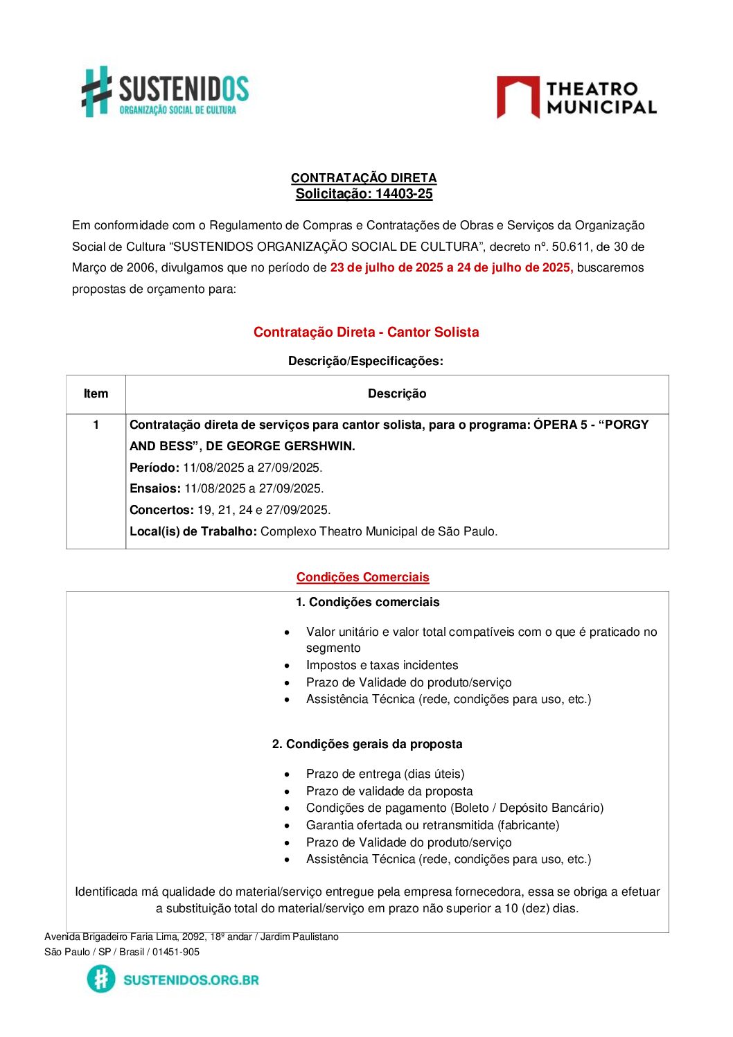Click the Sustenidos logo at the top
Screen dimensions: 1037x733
pyautogui.click(x=165, y=91)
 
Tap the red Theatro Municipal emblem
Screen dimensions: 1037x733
pyautogui.click(x=518, y=97)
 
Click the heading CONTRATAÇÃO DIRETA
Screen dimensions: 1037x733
pyautogui.click(x=364, y=178)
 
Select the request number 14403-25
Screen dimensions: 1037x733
pyautogui.click(x=404, y=194)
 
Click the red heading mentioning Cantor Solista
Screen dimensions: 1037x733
pyautogui.click(x=366, y=333)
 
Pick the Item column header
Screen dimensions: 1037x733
pyautogui.click(x=96, y=393)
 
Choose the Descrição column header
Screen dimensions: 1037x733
pyautogui.click(x=397, y=393)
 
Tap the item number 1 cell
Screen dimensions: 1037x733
pyautogui.click(x=96, y=425)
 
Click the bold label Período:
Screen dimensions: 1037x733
pyautogui.click(x=154, y=468)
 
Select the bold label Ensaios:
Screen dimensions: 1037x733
pyautogui.click(x=155, y=488)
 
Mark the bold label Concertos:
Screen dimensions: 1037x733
pyautogui.click(x=161, y=510)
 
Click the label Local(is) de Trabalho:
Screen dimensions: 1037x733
pyautogui.click(x=193, y=531)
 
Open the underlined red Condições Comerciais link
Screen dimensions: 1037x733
pyautogui.click(x=362, y=577)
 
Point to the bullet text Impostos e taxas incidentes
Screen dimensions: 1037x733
pyautogui.click(x=382, y=665)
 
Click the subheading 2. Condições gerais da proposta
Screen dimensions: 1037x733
pyautogui.click(x=367, y=744)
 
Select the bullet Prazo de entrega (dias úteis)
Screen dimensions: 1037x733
pyautogui.click(x=385, y=774)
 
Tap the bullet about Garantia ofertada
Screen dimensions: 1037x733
pyautogui.click(x=432, y=825)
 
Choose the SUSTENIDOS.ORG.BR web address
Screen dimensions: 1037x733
pyautogui.click(x=191, y=980)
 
